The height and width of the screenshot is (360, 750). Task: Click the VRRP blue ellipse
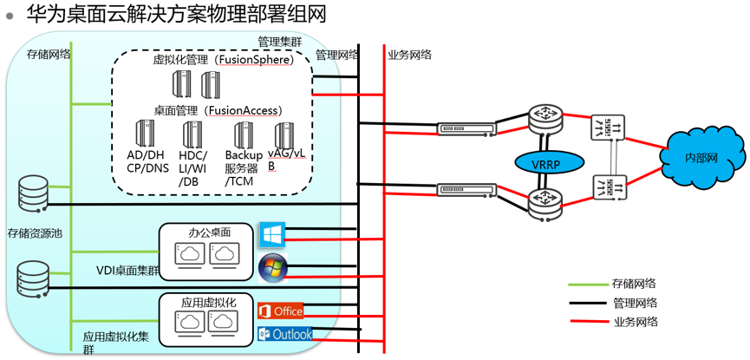point(544,163)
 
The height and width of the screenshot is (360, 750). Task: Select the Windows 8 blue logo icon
point(272,233)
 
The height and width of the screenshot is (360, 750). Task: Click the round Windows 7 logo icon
point(272,268)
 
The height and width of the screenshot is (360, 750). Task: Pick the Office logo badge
point(280,311)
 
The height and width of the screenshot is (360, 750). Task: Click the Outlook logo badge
point(284,334)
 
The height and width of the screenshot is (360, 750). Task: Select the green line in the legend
point(589,284)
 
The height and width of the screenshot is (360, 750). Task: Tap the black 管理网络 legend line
point(589,303)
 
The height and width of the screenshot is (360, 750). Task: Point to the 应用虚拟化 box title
point(209,302)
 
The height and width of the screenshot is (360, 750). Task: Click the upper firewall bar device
point(468,129)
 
